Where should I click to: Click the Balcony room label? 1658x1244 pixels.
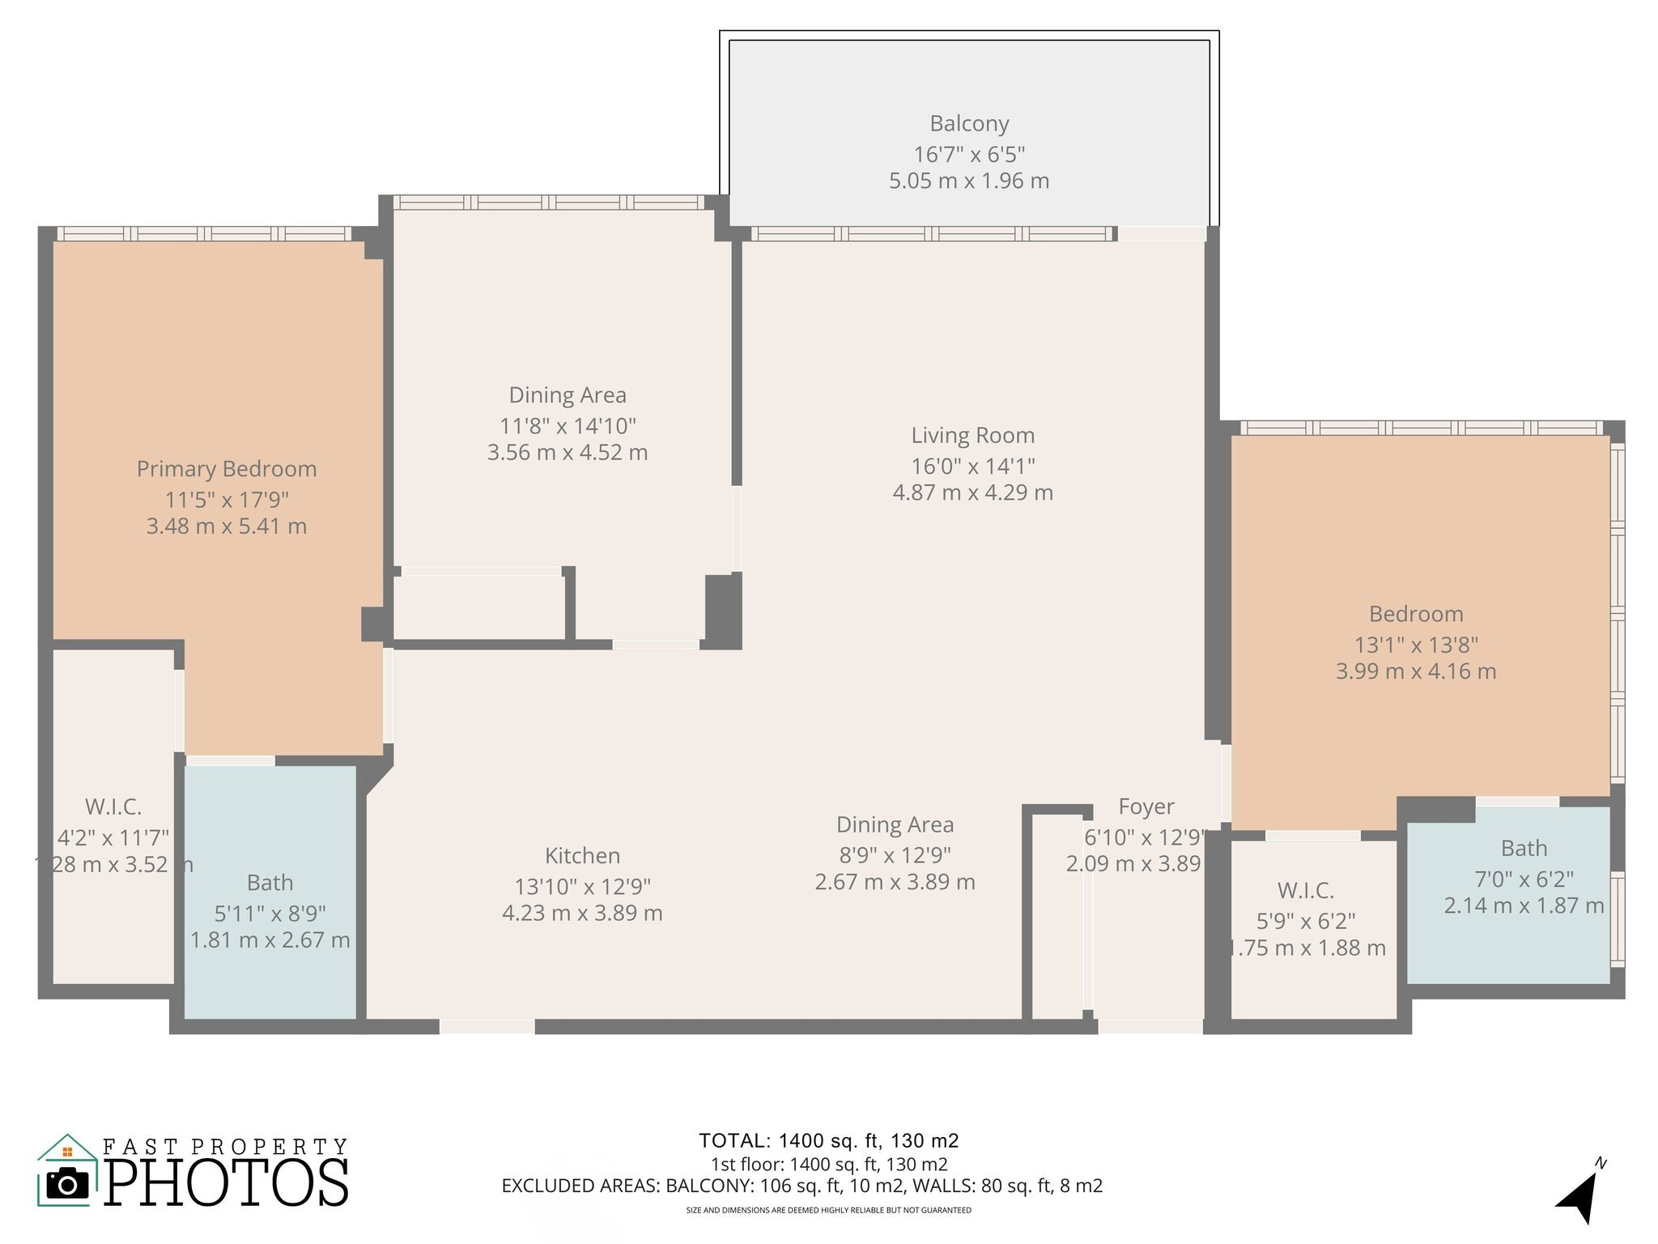point(969,124)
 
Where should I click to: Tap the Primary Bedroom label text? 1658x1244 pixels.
point(226,469)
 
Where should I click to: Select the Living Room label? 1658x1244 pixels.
point(972,436)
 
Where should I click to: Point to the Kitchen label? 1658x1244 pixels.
point(582,856)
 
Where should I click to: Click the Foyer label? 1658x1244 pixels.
point(1146,807)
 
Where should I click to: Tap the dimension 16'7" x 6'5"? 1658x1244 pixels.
point(969,154)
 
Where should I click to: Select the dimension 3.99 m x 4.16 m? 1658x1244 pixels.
point(1415,671)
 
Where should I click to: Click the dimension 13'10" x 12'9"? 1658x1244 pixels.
point(582,886)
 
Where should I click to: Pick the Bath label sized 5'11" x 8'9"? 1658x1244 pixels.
point(270,883)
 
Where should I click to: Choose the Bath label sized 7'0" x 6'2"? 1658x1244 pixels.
point(1524,849)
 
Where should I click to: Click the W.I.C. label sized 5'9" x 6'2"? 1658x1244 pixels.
point(1305,891)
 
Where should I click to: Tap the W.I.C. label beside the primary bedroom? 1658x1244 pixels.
point(113,807)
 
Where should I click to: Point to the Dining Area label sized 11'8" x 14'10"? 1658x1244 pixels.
point(567,395)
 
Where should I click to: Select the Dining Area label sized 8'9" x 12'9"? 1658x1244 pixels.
point(895,825)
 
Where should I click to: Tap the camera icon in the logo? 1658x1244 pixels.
point(67,1185)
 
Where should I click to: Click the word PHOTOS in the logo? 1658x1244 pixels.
point(227,1183)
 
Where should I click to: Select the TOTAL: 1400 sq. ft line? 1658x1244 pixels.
point(828,1141)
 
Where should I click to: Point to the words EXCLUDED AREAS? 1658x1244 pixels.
point(580,1186)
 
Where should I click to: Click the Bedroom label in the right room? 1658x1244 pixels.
point(1415,614)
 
